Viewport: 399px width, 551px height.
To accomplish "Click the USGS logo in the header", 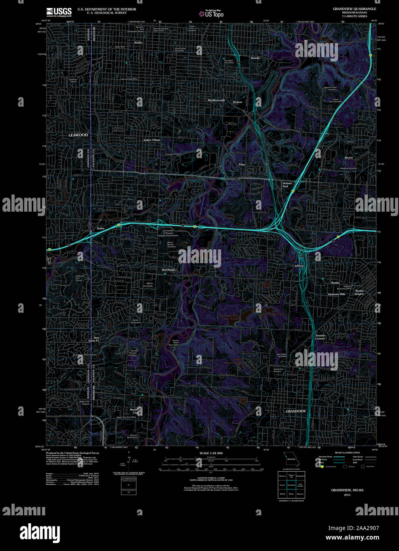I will click(59, 11).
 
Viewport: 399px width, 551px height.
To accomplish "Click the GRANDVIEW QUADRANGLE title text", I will click(354, 9).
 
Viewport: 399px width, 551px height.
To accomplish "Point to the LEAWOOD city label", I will click(78, 135).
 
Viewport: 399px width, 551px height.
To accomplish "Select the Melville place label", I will click(255, 58).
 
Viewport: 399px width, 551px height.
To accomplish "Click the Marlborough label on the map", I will click(216, 100).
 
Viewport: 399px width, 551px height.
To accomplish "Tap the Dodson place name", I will click(237, 102).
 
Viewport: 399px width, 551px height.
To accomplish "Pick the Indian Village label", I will click(152, 140).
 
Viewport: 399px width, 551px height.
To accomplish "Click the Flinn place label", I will click(242, 164).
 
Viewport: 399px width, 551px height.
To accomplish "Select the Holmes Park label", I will click(287, 185).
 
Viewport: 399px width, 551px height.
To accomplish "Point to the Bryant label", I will click(349, 158).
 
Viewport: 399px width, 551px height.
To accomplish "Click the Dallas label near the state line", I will click(101, 229).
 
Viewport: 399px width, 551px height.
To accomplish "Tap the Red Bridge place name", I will click(168, 270).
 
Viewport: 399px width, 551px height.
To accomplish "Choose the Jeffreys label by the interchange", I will click(299, 266).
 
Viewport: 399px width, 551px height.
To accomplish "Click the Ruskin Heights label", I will click(359, 292).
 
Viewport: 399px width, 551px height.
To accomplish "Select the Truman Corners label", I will click(320, 337).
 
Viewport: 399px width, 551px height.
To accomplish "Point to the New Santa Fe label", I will click(94, 339).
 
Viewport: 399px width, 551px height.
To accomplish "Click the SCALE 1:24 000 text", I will click(211, 453).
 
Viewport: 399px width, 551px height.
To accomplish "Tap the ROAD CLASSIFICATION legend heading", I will click(347, 452).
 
